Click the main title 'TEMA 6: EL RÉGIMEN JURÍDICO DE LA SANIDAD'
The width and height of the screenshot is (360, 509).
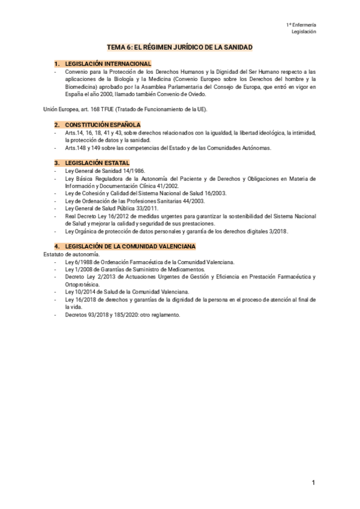point(179,46)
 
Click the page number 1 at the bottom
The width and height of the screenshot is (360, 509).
point(313,483)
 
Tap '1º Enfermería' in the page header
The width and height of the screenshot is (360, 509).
point(302,24)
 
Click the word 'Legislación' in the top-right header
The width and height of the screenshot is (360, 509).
point(304,31)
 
